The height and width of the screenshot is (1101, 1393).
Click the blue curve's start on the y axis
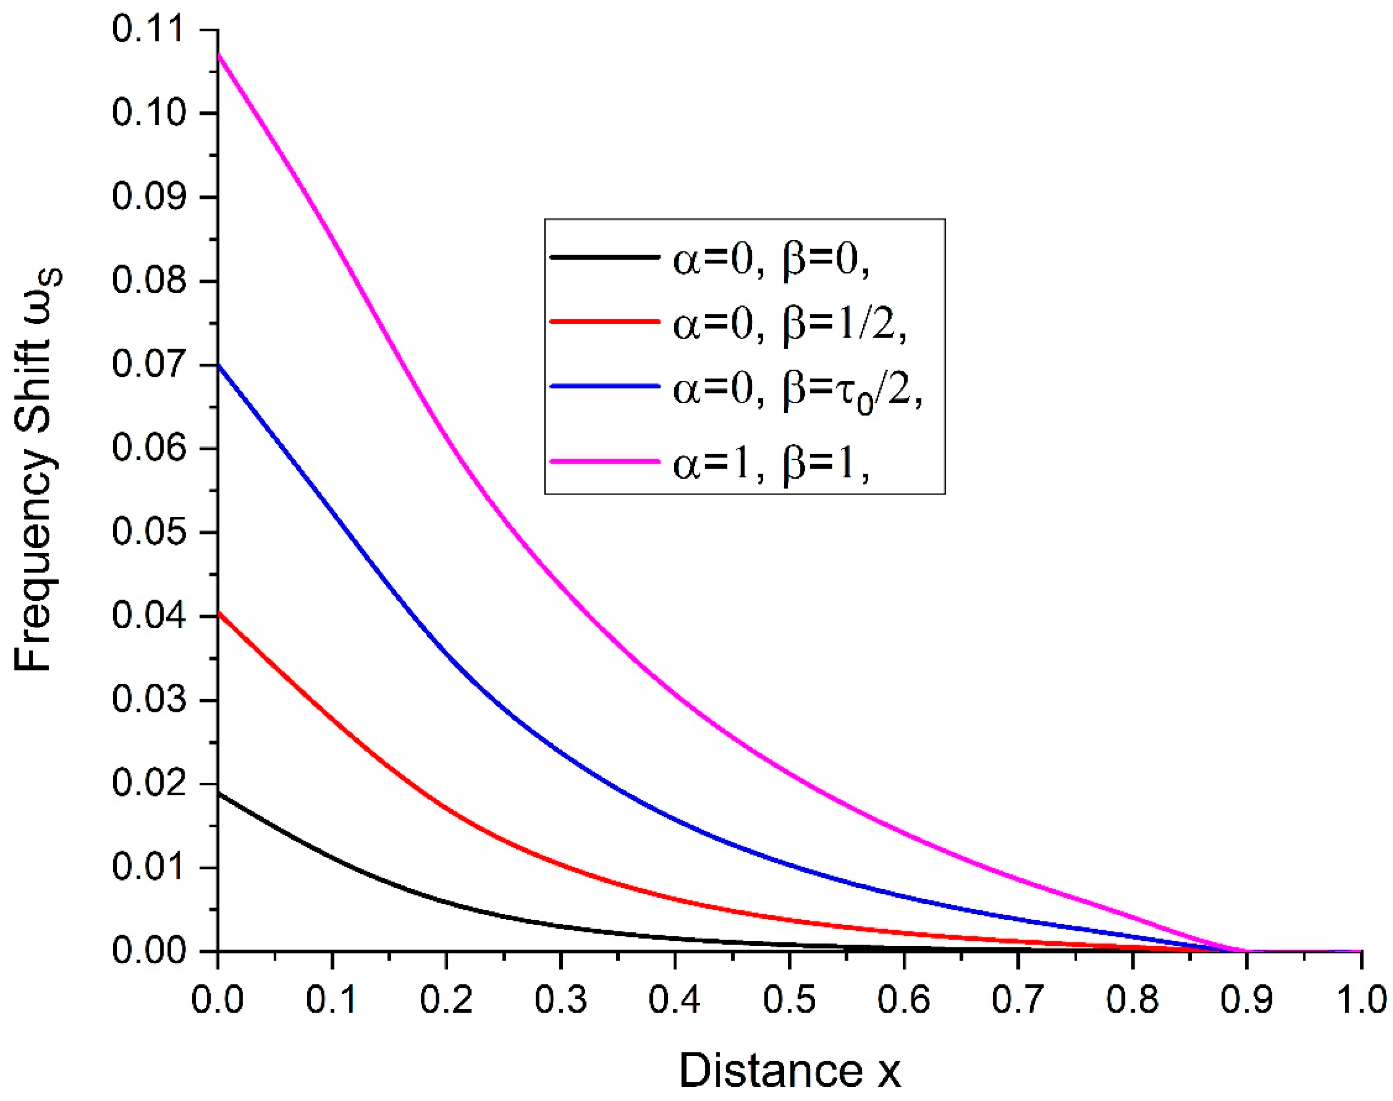[x=219, y=365]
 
